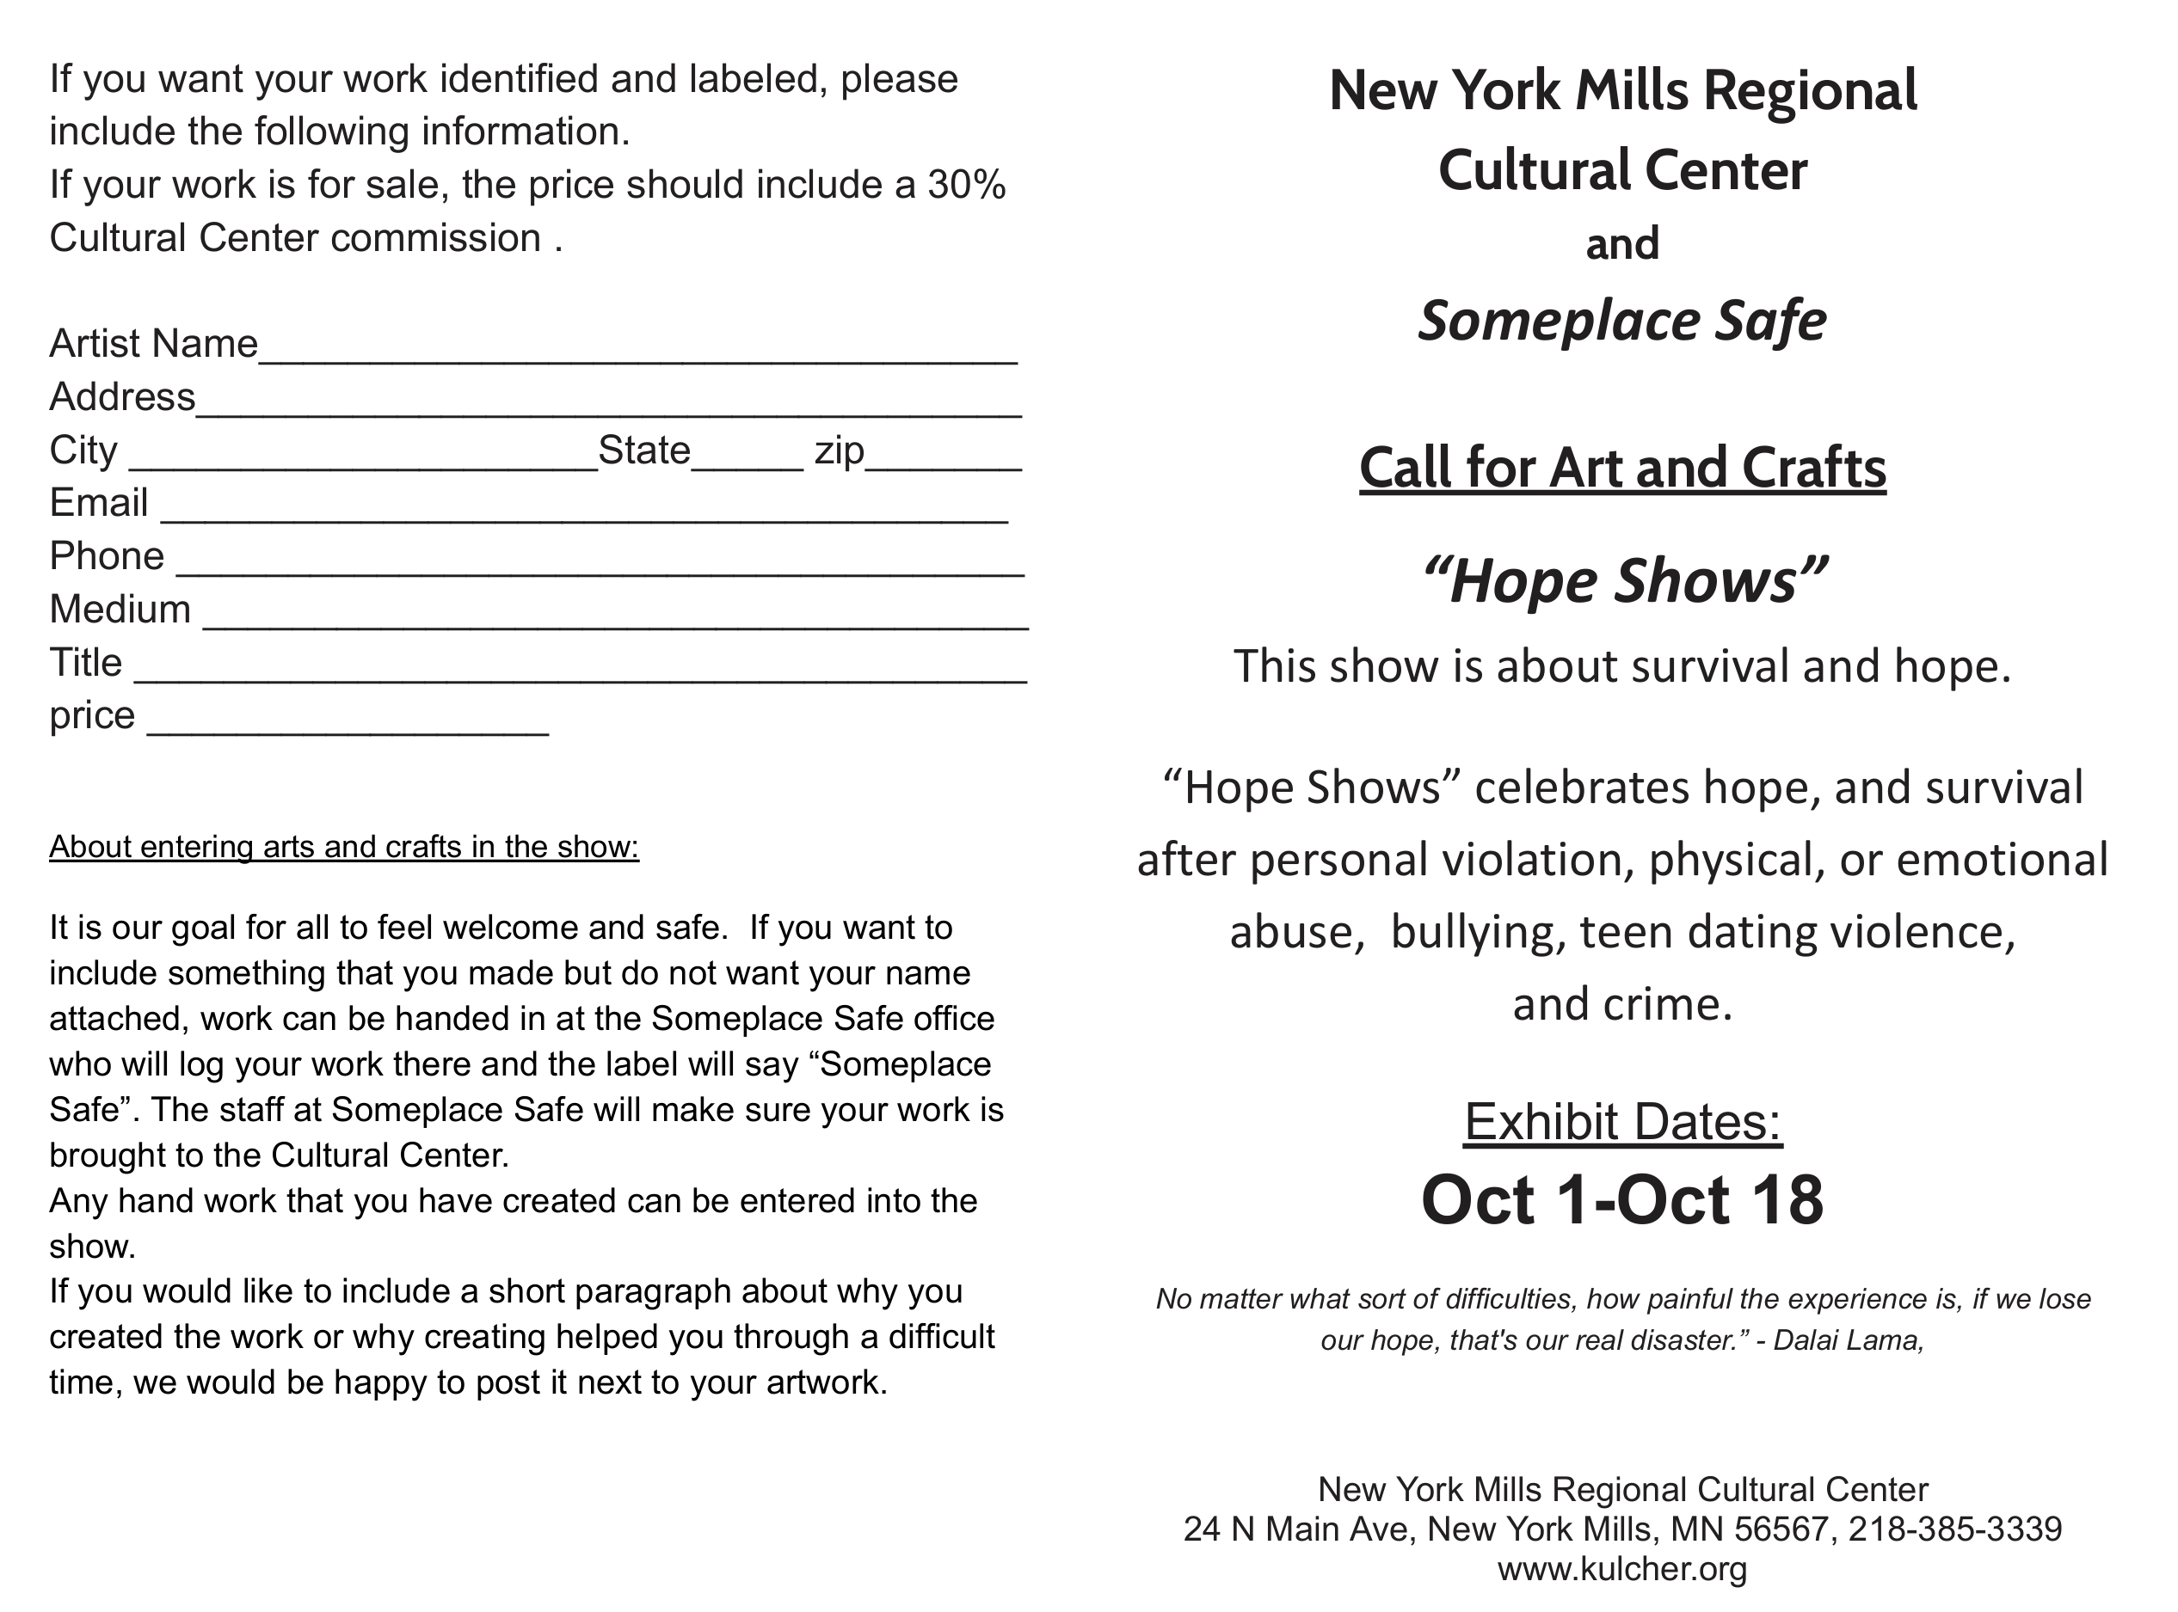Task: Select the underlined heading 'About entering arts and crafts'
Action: [343, 847]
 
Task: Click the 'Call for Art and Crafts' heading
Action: [1621, 468]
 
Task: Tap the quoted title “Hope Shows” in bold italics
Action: [1622, 580]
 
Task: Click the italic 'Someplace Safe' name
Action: [1621, 320]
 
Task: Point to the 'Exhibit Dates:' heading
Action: [1622, 1121]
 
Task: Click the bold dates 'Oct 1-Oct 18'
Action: [1621, 1200]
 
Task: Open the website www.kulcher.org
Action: [1621, 1569]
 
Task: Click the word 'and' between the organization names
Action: [1621, 244]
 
